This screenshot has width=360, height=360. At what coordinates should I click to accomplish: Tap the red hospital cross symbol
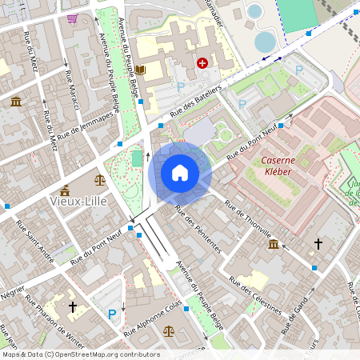tap(202, 62)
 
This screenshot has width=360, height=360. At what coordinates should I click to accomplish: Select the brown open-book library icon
tap(140, 70)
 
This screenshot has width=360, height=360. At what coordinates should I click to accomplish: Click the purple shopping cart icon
tap(73, 18)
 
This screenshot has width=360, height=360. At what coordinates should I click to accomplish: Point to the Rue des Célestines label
tap(255, 294)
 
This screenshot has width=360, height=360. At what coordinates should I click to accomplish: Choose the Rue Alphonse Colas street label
tap(153, 318)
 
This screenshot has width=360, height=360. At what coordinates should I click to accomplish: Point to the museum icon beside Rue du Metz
tap(16, 101)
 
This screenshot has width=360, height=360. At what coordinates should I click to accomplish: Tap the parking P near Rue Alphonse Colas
tap(112, 314)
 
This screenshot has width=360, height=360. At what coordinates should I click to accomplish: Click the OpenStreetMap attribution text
tap(80, 354)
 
